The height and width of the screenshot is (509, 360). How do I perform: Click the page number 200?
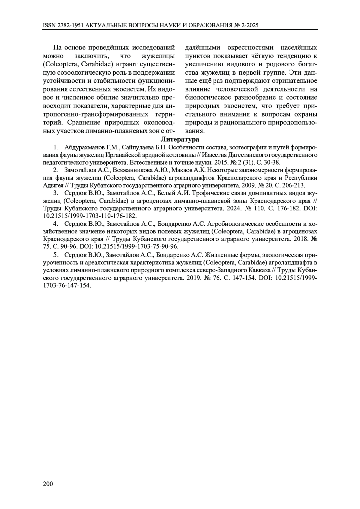(48, 484)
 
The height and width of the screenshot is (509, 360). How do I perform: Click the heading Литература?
(180, 139)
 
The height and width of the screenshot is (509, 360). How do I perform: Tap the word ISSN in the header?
(49, 25)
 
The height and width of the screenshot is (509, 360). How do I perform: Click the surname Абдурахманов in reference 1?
(84, 148)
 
